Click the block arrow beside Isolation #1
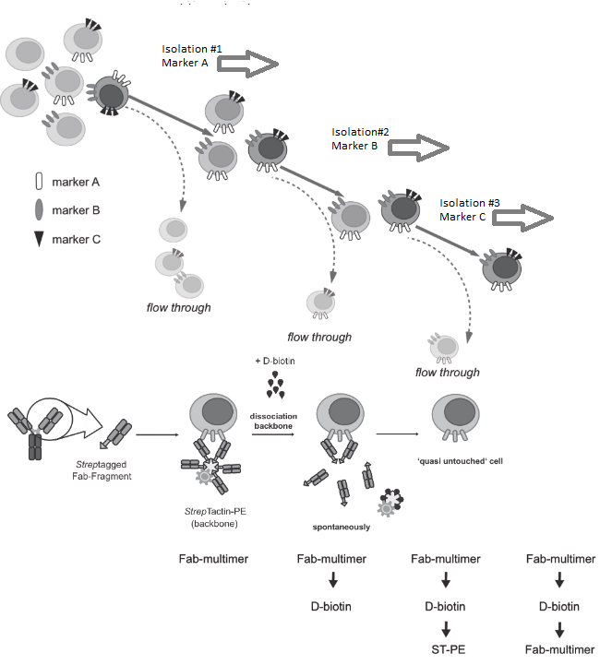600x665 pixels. coord(247,63)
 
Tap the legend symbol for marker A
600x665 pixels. coord(38,183)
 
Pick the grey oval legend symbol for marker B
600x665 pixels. coord(38,211)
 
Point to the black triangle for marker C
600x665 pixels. coord(38,240)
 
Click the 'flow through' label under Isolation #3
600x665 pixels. coord(447,373)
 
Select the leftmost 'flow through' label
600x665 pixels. coord(178,307)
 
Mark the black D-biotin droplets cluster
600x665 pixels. coord(275,385)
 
